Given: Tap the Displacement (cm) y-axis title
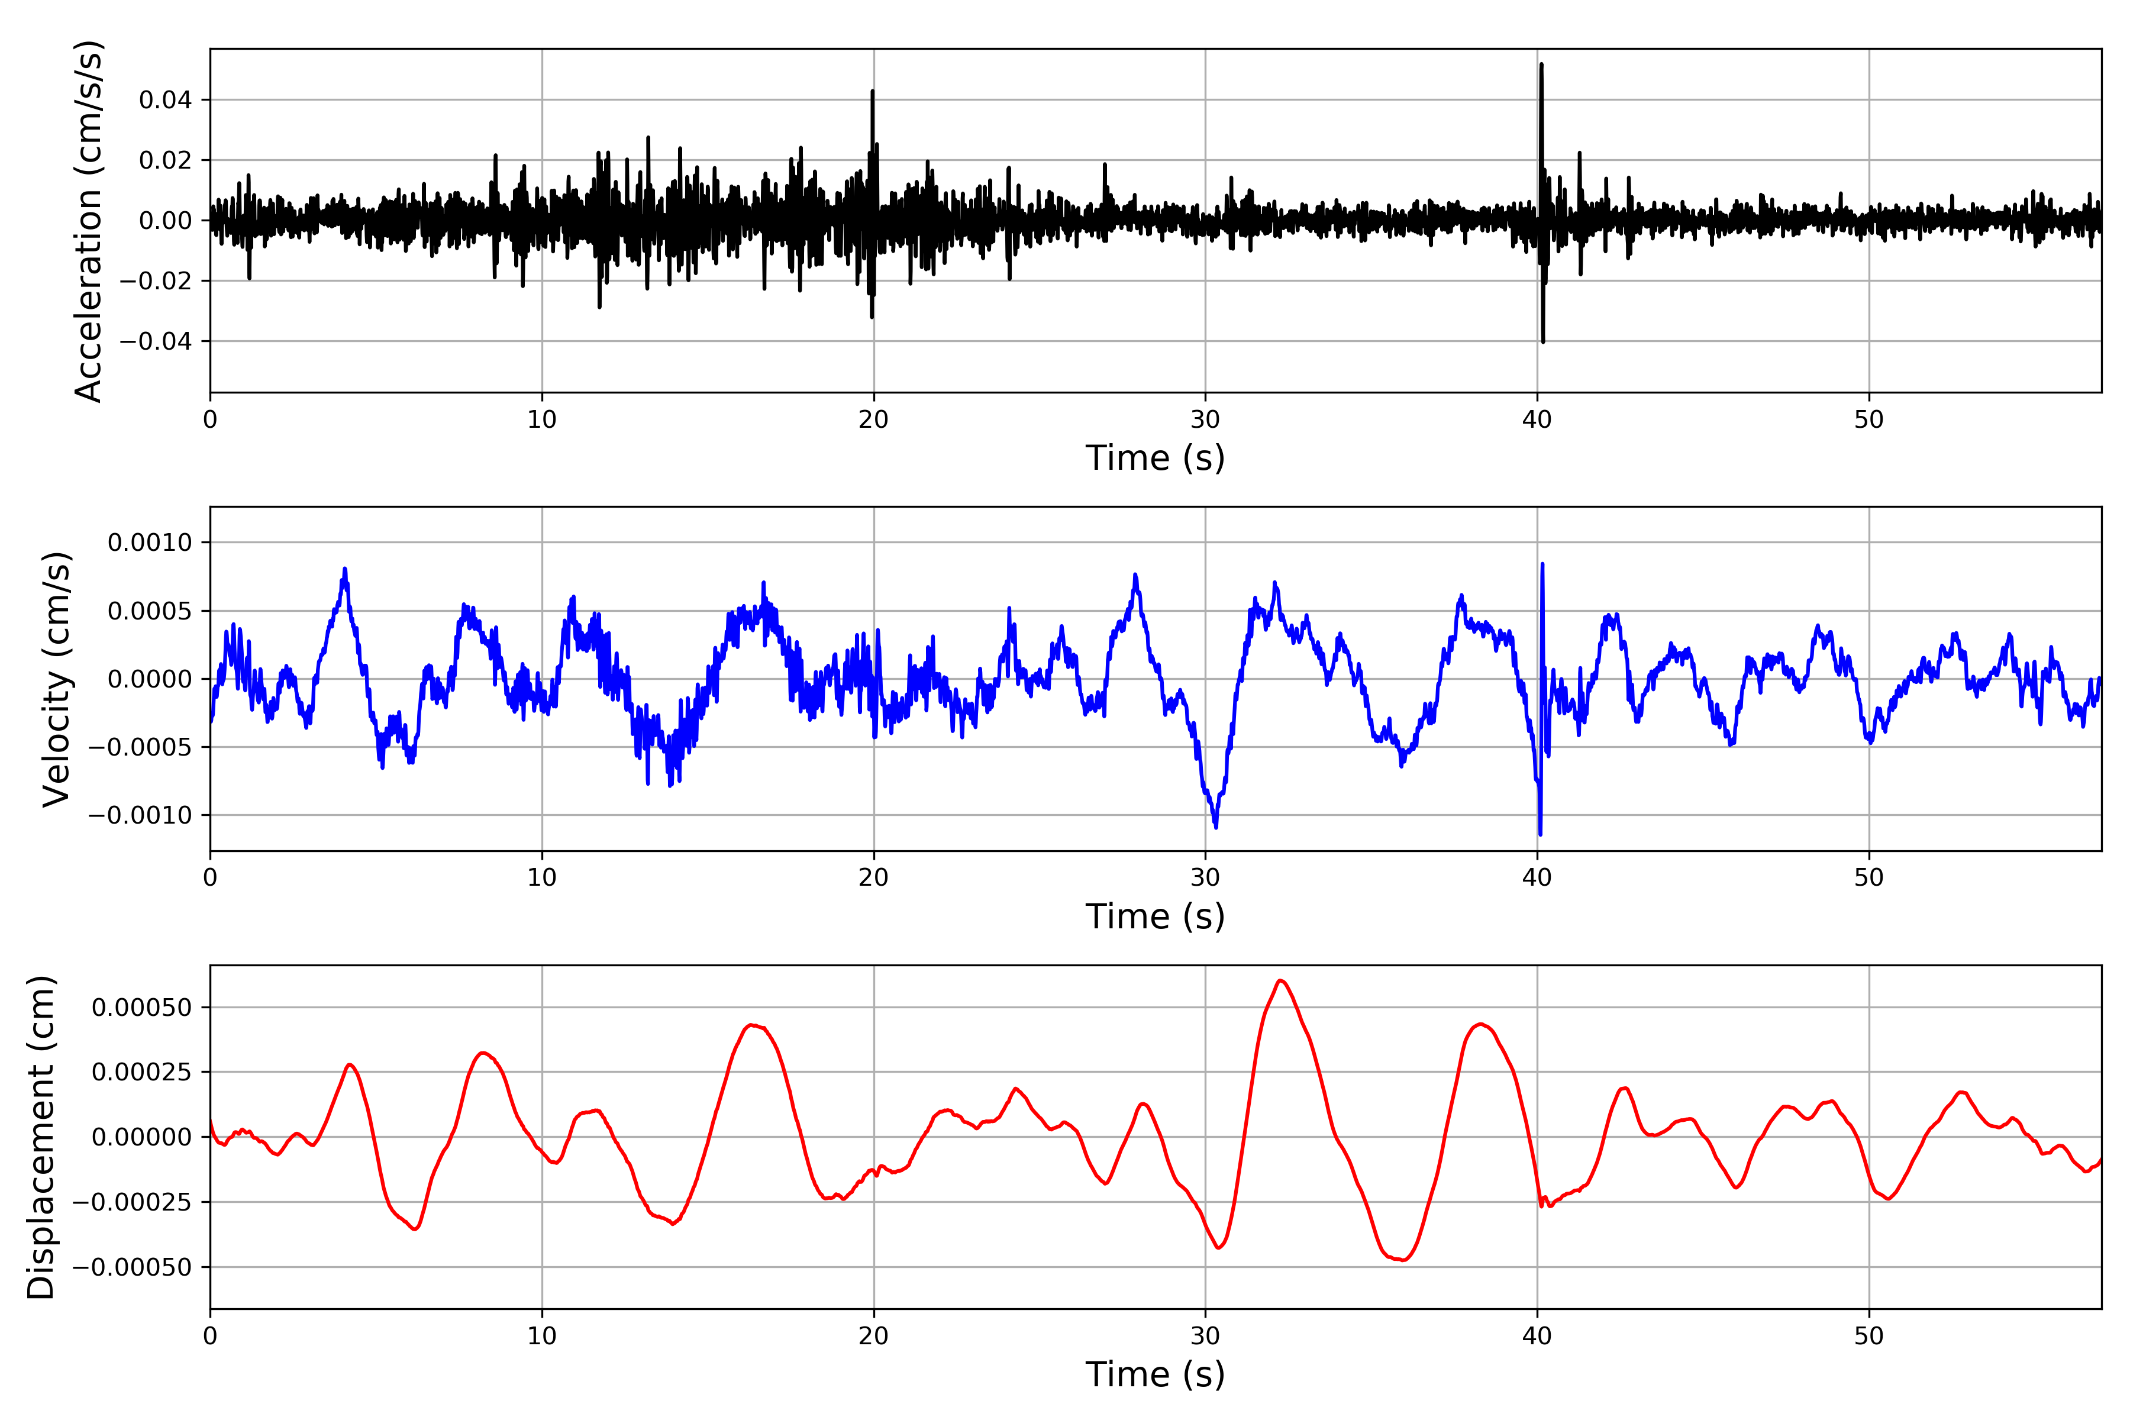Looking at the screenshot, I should [41, 1137].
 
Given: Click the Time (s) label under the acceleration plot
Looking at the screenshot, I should [1155, 458].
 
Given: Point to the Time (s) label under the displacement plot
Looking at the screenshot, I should [1155, 1374].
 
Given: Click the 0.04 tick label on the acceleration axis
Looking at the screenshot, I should [166, 99].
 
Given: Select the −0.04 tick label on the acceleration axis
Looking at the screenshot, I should [156, 341].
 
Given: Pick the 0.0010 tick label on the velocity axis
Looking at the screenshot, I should [150, 543].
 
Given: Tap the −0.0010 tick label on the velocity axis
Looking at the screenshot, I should [140, 815].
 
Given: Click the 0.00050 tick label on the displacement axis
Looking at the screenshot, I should [142, 1007].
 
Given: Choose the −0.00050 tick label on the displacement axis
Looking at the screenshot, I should [132, 1267].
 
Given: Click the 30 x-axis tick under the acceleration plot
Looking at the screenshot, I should [1205, 420].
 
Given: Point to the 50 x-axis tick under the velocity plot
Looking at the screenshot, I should [1868, 877].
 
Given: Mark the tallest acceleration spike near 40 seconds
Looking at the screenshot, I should [1541, 65].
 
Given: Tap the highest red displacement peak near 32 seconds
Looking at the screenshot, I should [1280, 981].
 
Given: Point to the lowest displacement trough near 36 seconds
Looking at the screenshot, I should [1402, 1260].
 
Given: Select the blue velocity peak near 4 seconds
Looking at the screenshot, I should [345, 570].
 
